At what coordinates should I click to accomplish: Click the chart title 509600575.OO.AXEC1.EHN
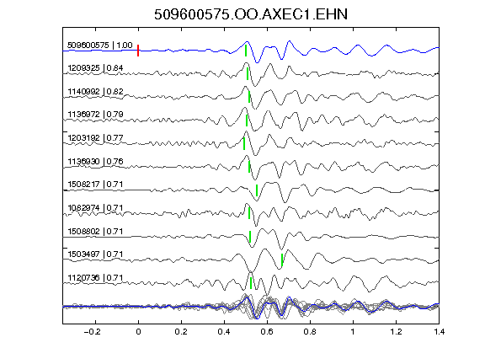tap(251, 14)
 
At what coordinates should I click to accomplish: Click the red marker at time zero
tap(138, 51)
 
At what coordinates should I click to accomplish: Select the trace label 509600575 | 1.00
tap(100, 45)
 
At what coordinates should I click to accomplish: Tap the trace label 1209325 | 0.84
tap(95, 67)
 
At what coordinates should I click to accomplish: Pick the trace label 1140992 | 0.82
tap(95, 91)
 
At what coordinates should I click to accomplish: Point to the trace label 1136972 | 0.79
tap(95, 115)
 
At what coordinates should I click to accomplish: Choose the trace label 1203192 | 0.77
tap(95, 137)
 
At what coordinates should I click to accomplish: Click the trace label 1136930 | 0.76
tap(95, 161)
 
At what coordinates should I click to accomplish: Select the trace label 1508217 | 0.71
tap(95, 185)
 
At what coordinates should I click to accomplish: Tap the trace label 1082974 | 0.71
tap(95, 207)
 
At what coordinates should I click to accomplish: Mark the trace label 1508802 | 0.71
tap(95, 231)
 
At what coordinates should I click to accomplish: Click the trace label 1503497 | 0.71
tap(95, 254)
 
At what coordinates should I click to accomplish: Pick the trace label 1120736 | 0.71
tap(95, 278)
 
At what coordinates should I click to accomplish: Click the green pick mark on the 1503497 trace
tap(282, 260)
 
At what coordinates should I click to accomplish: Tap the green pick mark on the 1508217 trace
tap(257, 190)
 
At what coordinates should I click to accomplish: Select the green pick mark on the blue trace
tap(246, 51)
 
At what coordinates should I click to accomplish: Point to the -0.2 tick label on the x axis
tap(92, 332)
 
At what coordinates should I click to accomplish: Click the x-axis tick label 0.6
tap(267, 332)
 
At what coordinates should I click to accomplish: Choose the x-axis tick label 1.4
tap(439, 332)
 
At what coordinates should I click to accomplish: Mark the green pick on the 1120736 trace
tap(251, 283)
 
